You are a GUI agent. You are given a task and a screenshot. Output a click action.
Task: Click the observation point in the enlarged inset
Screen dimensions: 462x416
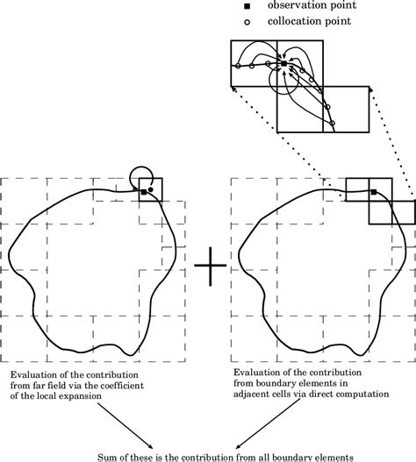pyautogui.click(x=282, y=64)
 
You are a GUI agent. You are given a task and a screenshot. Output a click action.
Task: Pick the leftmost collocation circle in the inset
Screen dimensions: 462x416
pyautogui.click(x=237, y=66)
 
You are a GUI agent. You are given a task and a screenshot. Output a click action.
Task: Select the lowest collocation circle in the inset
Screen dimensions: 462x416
pyautogui.click(x=332, y=122)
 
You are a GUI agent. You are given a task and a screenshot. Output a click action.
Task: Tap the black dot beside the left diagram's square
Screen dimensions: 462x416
pyautogui.click(x=151, y=188)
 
